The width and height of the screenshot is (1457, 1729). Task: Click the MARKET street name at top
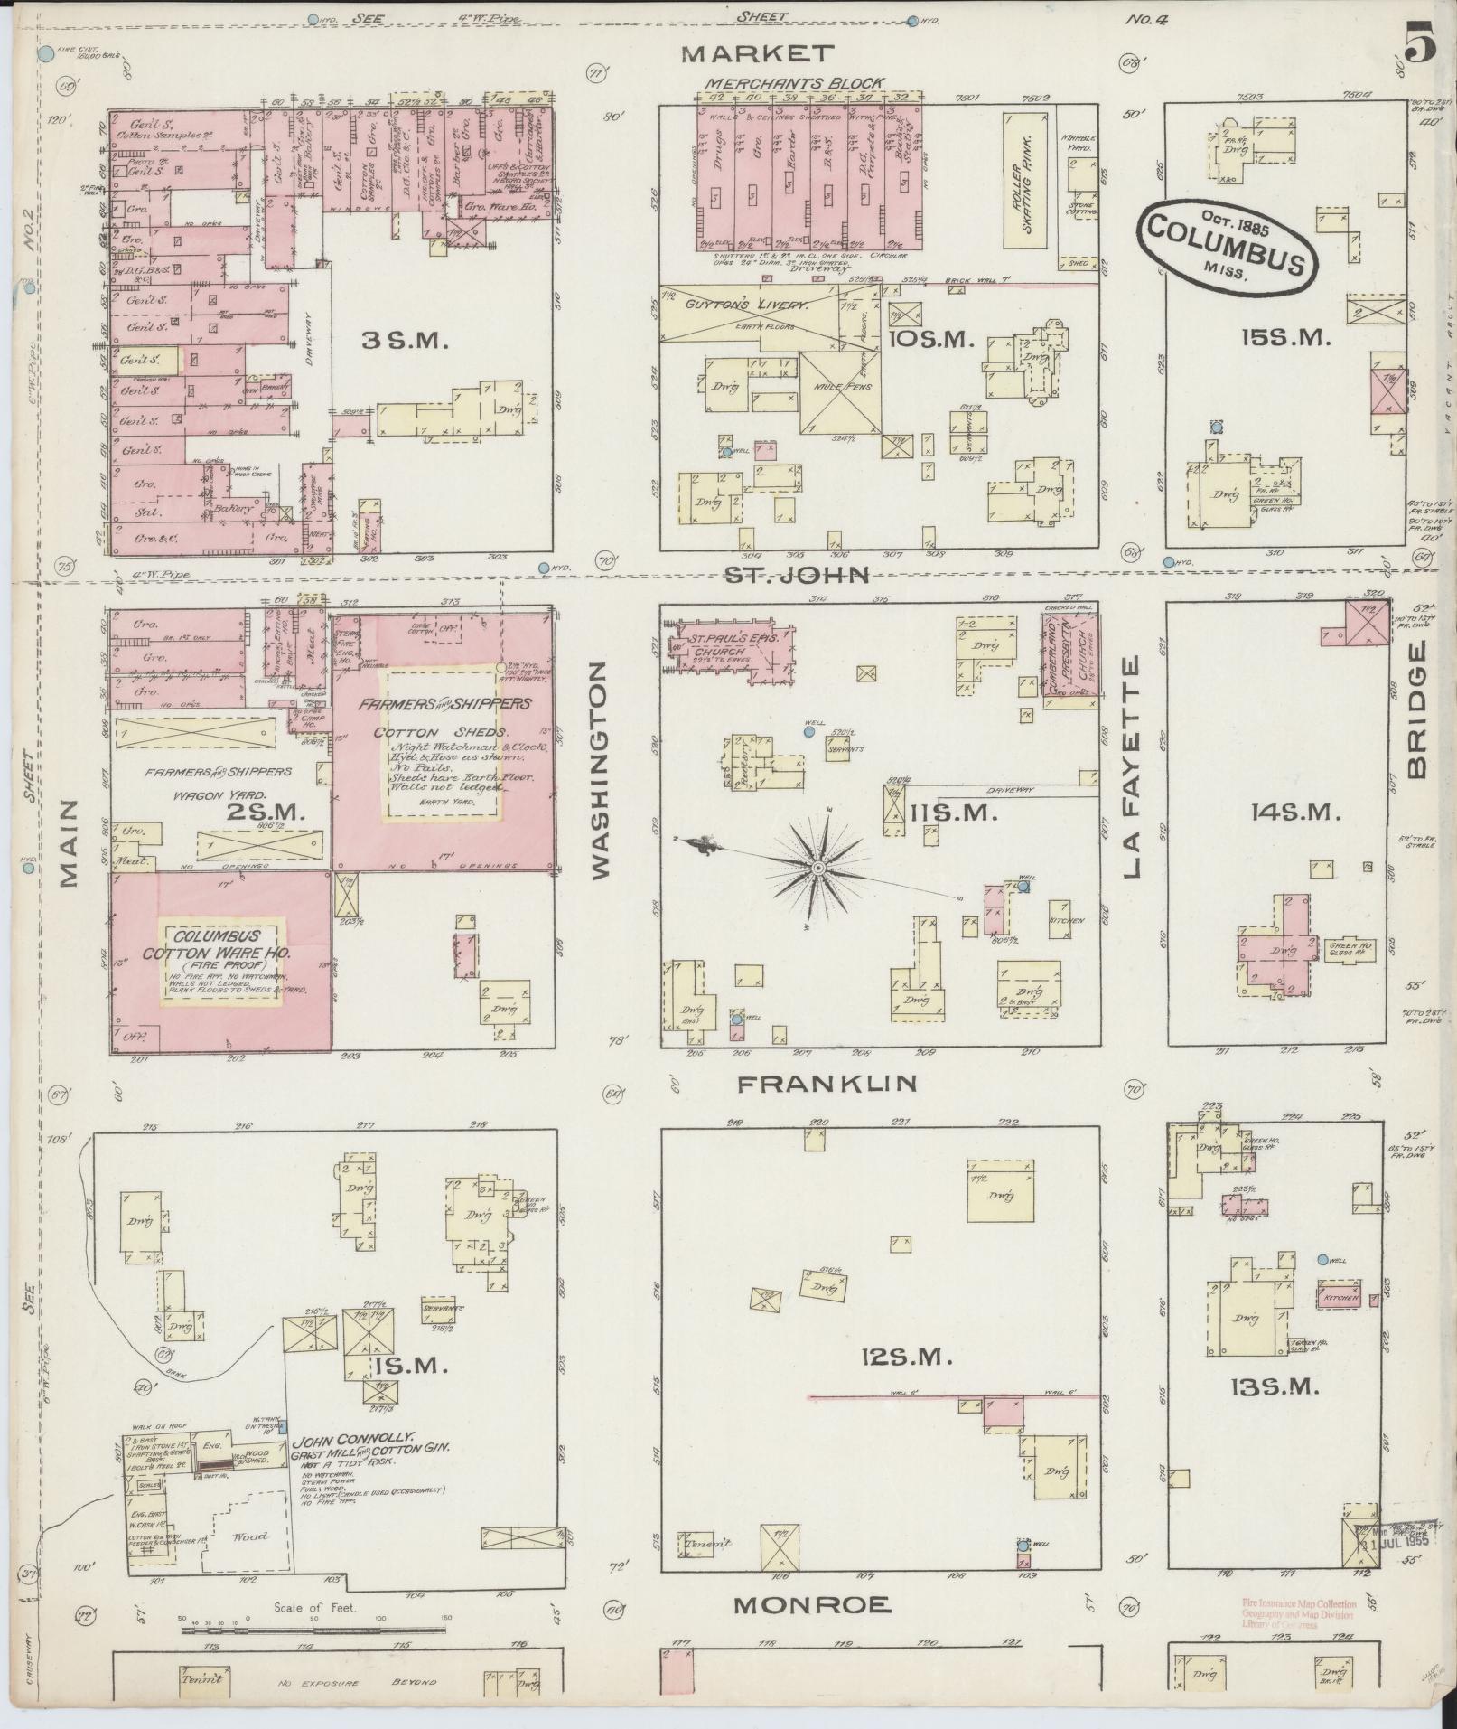click(x=757, y=54)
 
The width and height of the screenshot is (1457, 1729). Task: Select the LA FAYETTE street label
click(x=1133, y=768)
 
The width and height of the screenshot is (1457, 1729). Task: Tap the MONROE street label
click(x=812, y=1605)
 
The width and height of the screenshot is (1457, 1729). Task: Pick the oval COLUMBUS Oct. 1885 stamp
click(x=1228, y=246)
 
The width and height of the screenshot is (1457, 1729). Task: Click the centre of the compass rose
click(x=817, y=869)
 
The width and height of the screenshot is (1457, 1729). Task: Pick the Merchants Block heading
click(x=795, y=83)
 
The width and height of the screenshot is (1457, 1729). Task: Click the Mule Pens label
click(x=841, y=387)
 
